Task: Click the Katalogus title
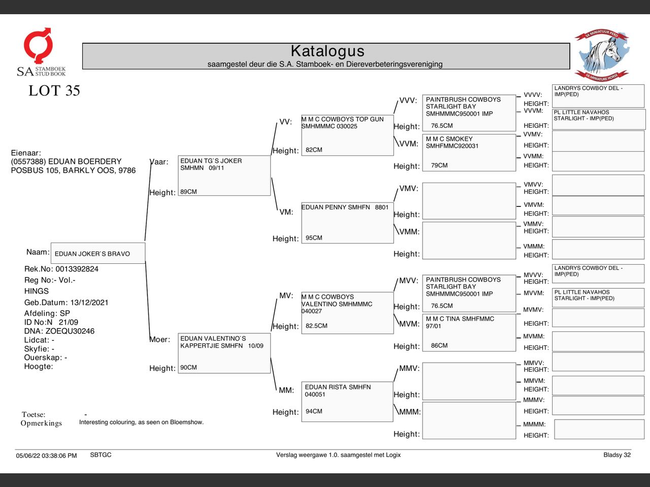tap(328, 51)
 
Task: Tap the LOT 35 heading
tap(54, 91)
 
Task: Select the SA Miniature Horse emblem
tap(602, 55)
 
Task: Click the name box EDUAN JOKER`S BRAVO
tap(97, 254)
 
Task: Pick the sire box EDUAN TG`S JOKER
tap(224, 175)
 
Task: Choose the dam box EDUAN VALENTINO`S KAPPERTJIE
tap(224, 353)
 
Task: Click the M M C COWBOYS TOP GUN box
tap(347, 134)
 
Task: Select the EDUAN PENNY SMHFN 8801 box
tap(347, 222)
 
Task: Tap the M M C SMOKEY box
tap(469, 152)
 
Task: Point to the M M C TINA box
tap(469, 332)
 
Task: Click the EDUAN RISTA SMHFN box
tap(347, 401)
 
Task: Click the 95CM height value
tap(314, 238)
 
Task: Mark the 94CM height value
tap(314, 411)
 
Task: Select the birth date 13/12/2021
tap(89, 302)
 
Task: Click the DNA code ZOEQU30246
tap(70, 331)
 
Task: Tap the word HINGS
tap(37, 291)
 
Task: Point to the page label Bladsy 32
tap(617, 455)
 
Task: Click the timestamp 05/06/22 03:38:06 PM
tap(46, 456)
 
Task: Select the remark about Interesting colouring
tap(141, 422)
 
